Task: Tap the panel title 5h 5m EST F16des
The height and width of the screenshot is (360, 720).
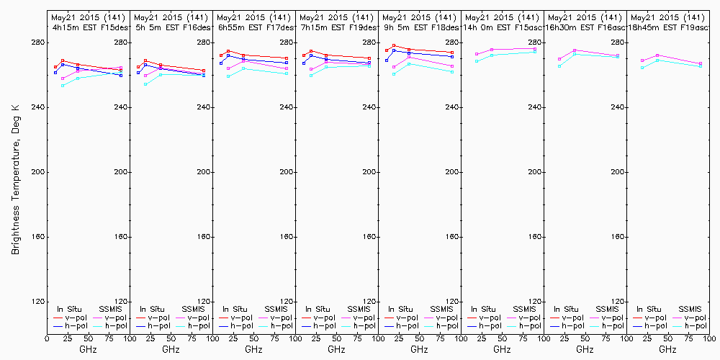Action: pyautogui.click(x=171, y=27)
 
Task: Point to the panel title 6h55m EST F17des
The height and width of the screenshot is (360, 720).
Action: pyautogui.click(x=254, y=27)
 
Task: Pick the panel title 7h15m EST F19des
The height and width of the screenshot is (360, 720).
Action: pyautogui.click(x=337, y=27)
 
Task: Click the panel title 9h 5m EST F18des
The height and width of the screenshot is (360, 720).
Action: pyautogui.click(x=420, y=27)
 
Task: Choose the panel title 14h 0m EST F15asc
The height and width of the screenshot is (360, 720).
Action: pyautogui.click(x=503, y=27)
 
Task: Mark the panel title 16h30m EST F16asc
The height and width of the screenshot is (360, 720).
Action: pyautogui.click(x=585, y=27)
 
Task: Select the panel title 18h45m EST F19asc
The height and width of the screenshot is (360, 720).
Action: pyautogui.click(x=668, y=27)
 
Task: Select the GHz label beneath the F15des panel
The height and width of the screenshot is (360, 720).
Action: pyautogui.click(x=89, y=349)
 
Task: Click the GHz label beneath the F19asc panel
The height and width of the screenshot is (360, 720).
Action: pyautogui.click(x=668, y=349)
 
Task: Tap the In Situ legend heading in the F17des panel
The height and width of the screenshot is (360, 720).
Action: pyautogui.click(x=235, y=309)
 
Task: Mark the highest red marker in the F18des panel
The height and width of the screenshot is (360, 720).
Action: pyautogui.click(x=394, y=46)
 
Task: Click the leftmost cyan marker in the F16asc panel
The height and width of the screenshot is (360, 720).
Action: pyautogui.click(x=559, y=66)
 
